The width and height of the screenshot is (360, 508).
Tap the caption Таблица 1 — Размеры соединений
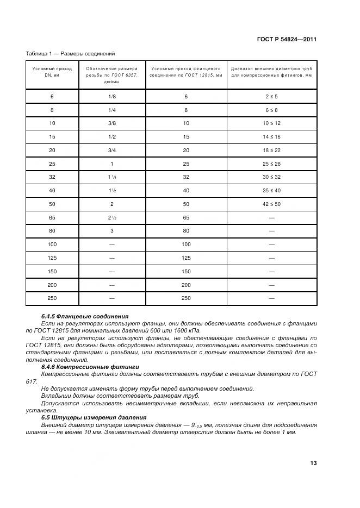(70, 54)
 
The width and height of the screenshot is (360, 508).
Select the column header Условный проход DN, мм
(52, 72)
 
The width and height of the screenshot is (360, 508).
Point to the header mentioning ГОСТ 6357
(111, 75)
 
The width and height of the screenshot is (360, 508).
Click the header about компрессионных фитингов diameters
(271, 72)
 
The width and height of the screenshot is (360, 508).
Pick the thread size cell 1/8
(111, 96)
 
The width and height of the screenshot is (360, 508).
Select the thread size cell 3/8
(111, 123)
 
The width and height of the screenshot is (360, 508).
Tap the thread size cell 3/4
(111, 150)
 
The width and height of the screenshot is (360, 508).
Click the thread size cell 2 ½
(111, 217)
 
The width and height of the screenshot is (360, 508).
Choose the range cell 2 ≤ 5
(271, 96)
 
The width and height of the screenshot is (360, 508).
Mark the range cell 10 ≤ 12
(271, 123)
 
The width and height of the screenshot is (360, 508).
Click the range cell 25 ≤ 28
(271, 164)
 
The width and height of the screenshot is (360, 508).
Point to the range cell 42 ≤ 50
(271, 204)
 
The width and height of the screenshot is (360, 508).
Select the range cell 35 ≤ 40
(271, 190)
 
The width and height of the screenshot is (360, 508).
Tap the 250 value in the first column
(52, 298)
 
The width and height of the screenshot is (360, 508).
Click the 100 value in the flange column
(186, 244)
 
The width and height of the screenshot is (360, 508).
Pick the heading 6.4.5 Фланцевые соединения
(85, 316)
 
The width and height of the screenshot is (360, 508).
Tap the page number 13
(313, 463)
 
